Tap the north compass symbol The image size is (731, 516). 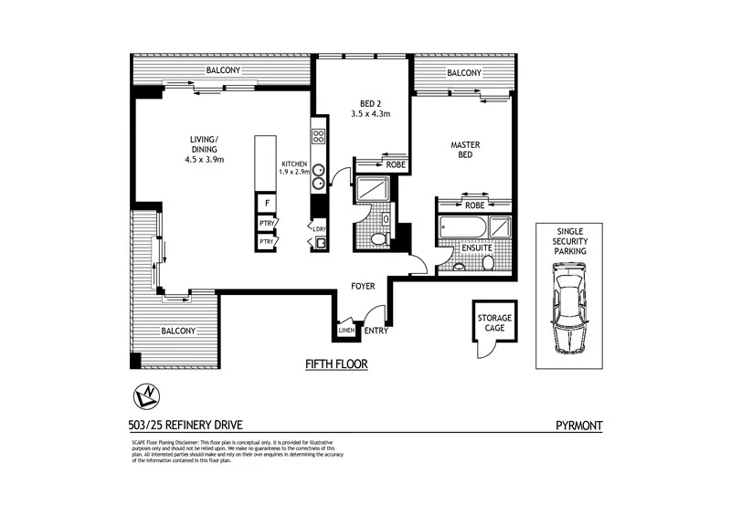(x=147, y=395)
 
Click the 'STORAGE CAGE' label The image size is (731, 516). (x=493, y=323)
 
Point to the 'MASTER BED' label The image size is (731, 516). (x=465, y=151)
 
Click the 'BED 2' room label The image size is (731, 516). (x=371, y=108)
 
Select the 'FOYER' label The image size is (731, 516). (x=364, y=287)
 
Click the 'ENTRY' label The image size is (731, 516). (x=375, y=331)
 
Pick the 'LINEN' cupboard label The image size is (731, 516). (x=346, y=331)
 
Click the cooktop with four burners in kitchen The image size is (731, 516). (x=319, y=137)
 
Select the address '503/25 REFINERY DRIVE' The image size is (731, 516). (x=185, y=425)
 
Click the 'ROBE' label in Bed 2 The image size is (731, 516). (x=395, y=164)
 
